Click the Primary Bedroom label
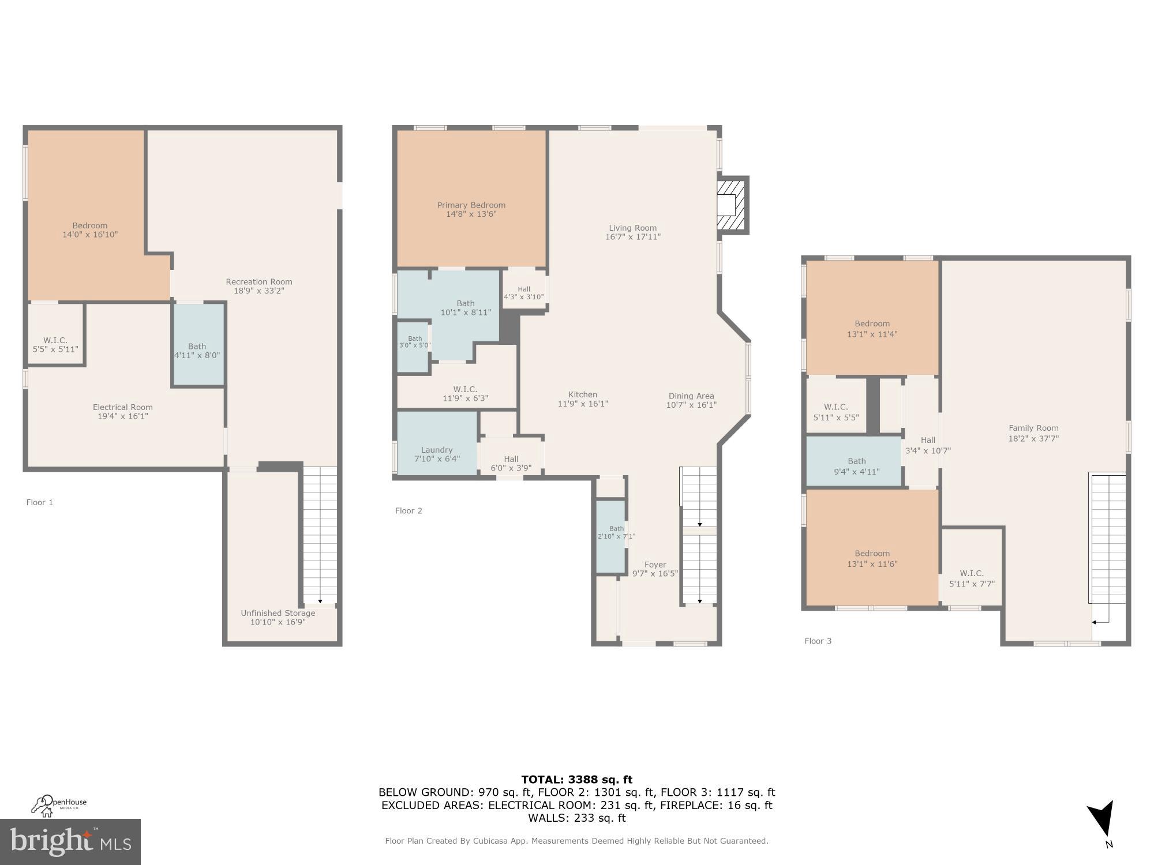point(471,205)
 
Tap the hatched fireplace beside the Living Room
point(730,205)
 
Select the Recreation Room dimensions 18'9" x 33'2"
point(258,291)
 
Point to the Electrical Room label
point(122,407)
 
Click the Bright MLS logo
point(70,842)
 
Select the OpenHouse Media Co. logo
point(59,805)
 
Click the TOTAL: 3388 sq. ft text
point(576,780)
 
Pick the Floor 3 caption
point(818,641)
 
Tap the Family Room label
point(1033,428)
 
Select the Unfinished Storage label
point(278,613)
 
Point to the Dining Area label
point(691,396)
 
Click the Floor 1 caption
point(39,502)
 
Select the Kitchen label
point(582,395)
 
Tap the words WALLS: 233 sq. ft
point(576,818)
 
